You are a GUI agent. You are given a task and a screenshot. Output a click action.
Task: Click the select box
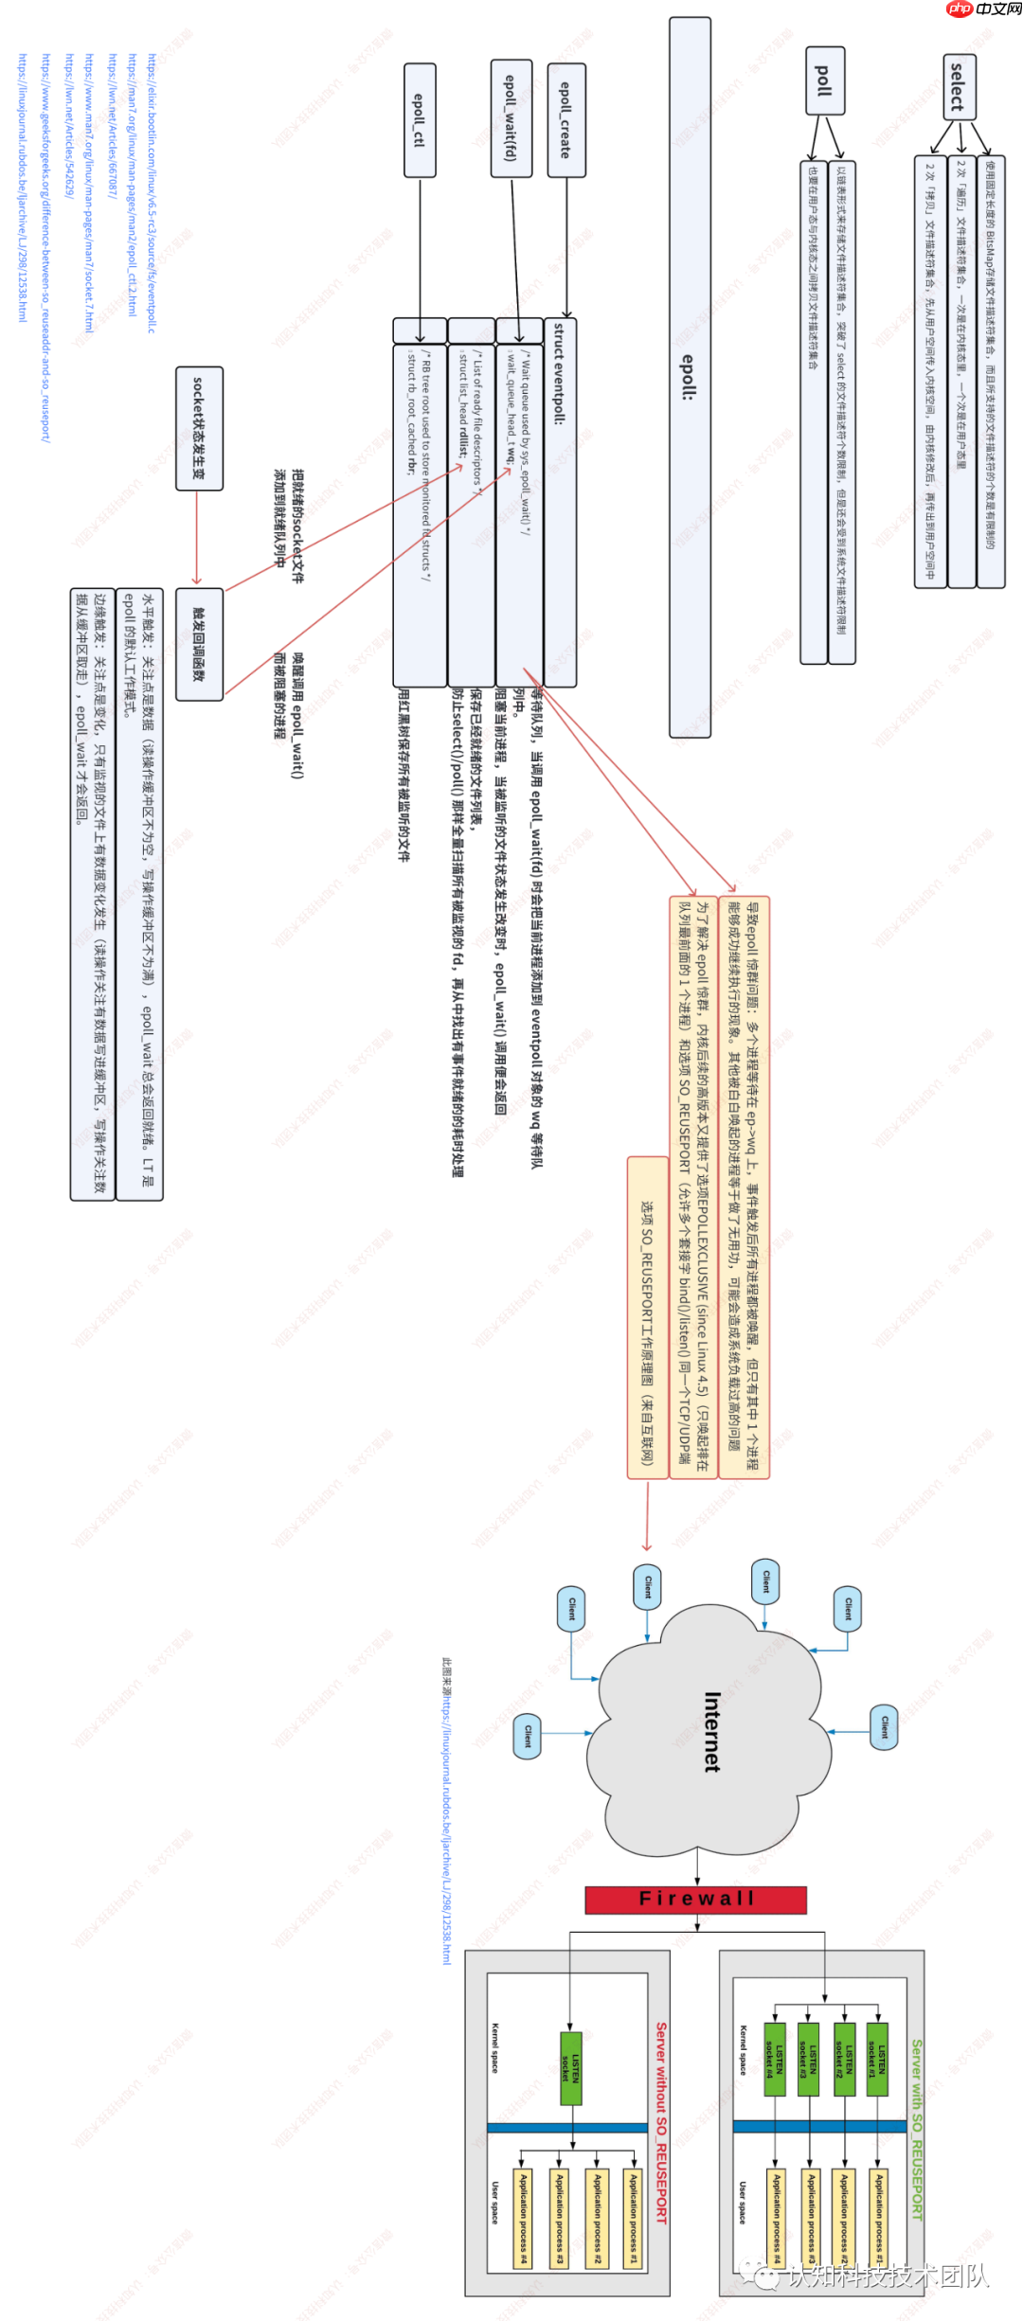[959, 87]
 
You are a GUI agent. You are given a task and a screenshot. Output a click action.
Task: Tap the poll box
[825, 80]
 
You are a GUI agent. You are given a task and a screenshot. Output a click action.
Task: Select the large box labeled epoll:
[690, 377]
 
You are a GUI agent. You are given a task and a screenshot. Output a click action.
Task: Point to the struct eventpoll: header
[560, 373]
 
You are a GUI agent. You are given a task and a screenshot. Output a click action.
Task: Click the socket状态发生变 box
[199, 428]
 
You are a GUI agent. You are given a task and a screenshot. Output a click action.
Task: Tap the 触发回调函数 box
[199, 644]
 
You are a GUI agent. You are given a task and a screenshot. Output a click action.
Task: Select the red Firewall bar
[696, 1899]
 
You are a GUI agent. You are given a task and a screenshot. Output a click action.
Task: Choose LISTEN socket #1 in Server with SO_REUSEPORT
[877, 2060]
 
